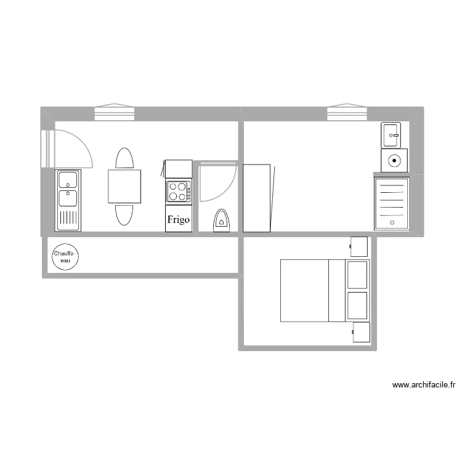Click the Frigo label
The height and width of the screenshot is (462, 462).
[x=179, y=219]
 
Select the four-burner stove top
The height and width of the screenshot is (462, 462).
[x=179, y=191]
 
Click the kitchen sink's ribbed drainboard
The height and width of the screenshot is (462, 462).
[x=68, y=219]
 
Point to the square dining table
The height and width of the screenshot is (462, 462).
[x=124, y=186]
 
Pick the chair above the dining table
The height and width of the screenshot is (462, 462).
[x=124, y=158]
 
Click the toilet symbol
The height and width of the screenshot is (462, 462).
[x=221, y=221]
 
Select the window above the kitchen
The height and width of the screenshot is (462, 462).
[x=114, y=113]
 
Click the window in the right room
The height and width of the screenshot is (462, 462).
[x=347, y=113]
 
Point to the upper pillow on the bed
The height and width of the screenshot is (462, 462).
[x=357, y=275]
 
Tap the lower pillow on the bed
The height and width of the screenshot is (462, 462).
[x=357, y=306]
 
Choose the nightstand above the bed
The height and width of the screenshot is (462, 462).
[x=359, y=246]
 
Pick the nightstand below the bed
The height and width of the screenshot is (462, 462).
[x=360, y=332]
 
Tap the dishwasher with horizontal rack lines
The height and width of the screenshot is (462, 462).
[x=392, y=203]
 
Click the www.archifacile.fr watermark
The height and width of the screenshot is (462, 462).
[x=424, y=386]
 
